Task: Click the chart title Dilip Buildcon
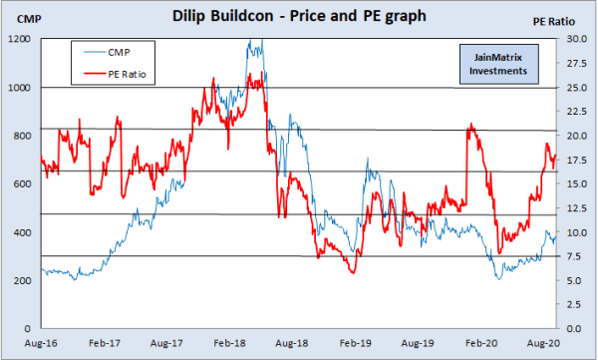pos(298,15)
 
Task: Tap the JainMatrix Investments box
pos(495,66)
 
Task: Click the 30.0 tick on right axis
pos(576,39)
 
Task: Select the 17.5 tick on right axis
pos(576,160)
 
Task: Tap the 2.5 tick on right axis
pos(578,305)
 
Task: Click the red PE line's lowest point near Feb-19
pos(352,272)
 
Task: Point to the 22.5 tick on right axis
pos(576,112)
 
